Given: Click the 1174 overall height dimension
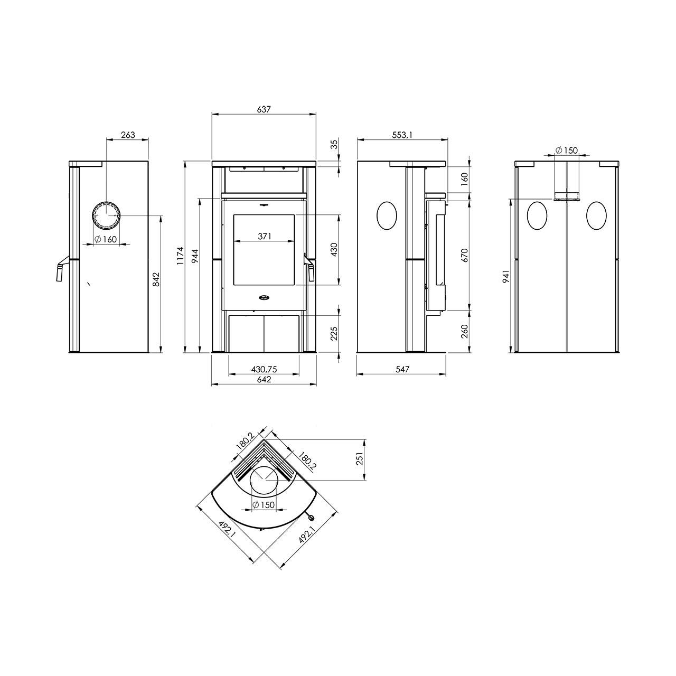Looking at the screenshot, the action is (180, 256).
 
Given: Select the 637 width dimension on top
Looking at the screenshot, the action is (264, 109).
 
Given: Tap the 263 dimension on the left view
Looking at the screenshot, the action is (127, 135).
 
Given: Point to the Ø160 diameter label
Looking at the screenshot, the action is (106, 239).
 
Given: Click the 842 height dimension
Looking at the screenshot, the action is (156, 279).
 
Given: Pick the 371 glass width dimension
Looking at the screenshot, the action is (265, 237).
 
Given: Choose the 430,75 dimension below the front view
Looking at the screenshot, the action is (264, 369).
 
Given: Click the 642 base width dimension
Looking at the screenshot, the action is (264, 380).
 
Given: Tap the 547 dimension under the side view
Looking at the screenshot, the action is (402, 369).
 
